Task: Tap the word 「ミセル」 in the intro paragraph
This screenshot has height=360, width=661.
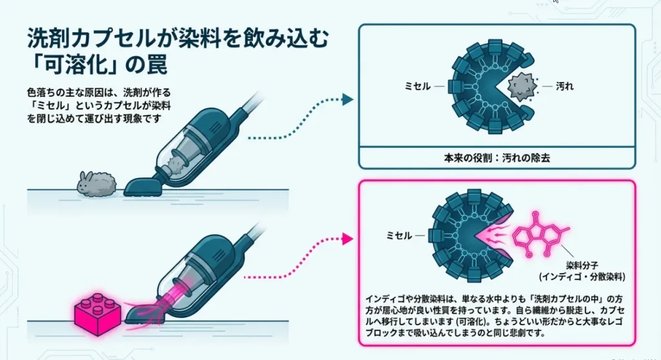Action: (x=51, y=105)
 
